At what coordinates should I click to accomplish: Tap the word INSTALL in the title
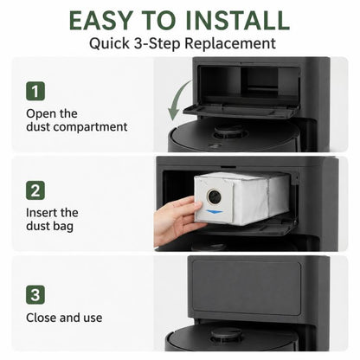[x=237, y=21]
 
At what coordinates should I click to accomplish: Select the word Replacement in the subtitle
[x=230, y=44]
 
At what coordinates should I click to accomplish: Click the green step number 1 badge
[x=35, y=91]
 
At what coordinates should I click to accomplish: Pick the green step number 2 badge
[x=35, y=190]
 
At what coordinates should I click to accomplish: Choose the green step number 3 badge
[x=35, y=295]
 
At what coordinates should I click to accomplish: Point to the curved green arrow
[x=176, y=100]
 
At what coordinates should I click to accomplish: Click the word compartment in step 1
[x=91, y=127]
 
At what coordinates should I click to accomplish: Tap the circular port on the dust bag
[x=215, y=196]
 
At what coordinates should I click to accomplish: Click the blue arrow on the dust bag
[x=215, y=212]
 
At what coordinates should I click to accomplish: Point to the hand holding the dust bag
[x=176, y=220]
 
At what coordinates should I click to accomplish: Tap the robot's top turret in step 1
[x=230, y=132]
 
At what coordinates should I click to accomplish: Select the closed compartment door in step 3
[x=247, y=286]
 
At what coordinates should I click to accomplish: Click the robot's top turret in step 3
[x=227, y=336]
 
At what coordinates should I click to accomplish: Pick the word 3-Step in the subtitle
[x=157, y=44]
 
